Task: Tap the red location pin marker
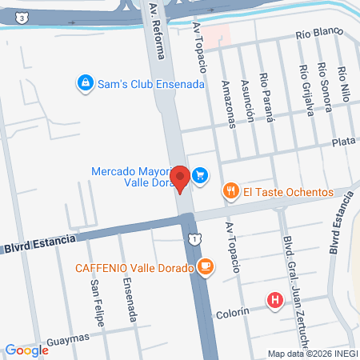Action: pyautogui.click(x=181, y=178)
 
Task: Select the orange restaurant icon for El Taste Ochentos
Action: pyautogui.click(x=230, y=191)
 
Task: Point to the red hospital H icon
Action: pyautogui.click(x=276, y=301)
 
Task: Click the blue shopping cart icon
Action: pyautogui.click(x=201, y=174)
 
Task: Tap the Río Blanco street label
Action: pyautogui.click(x=318, y=34)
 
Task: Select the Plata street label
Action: pyautogui.click(x=343, y=142)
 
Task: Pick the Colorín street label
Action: pyautogui.click(x=234, y=314)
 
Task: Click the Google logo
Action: pyautogui.click(x=26, y=350)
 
